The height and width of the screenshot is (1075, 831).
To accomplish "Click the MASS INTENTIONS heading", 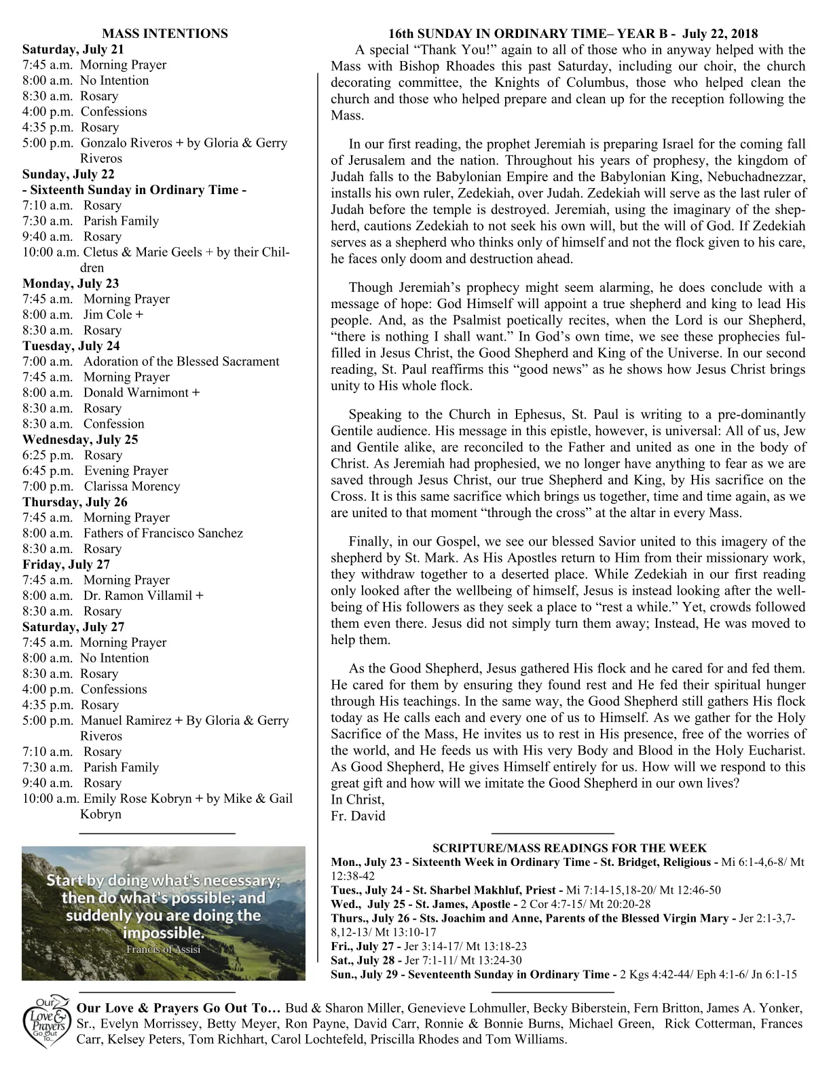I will pyautogui.click(x=165, y=33).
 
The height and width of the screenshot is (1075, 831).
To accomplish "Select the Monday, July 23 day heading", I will pyautogui.click(x=71, y=283).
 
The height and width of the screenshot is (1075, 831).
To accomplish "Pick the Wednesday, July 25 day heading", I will pyautogui.click(x=80, y=439).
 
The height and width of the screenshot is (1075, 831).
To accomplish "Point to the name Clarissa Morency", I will pyautogui.click(x=132, y=486).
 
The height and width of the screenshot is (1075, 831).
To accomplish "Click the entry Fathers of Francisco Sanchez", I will pyautogui.click(x=163, y=533).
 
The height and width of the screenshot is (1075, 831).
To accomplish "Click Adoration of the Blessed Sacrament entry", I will pyautogui.click(x=181, y=361).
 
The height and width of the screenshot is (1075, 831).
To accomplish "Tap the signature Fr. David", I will pyautogui.click(x=358, y=816).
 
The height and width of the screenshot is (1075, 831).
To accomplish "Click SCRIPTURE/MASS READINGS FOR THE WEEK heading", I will pyautogui.click(x=570, y=848).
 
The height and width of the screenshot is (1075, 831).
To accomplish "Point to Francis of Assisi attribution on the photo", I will pyautogui.click(x=163, y=949).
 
